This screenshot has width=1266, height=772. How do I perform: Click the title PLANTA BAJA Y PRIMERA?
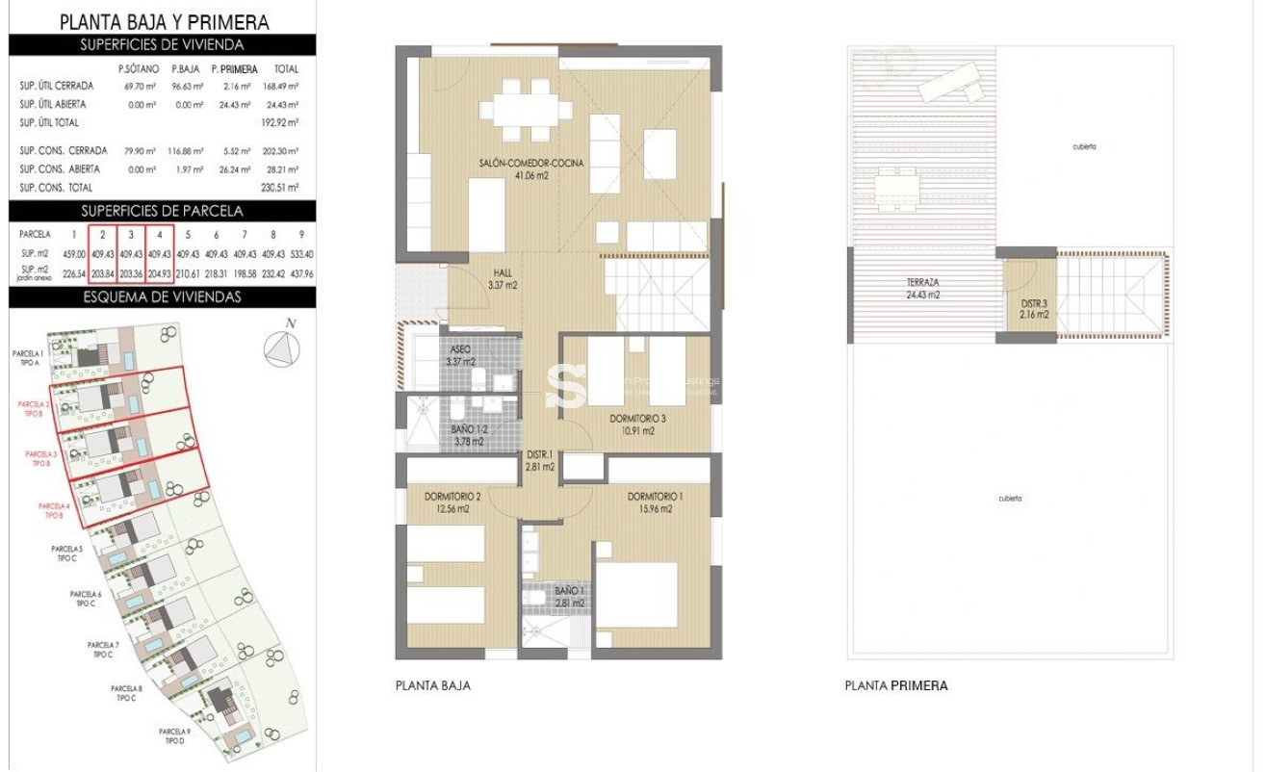coord(164,21)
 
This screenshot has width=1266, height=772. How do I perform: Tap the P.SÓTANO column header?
coord(137,69)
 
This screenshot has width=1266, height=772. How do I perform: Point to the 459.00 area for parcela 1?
coord(73,255)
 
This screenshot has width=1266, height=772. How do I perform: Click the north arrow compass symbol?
coord(280,347)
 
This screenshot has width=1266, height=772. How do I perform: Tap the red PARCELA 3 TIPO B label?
coord(41,458)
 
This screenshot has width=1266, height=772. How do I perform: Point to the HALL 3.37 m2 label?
coord(504,278)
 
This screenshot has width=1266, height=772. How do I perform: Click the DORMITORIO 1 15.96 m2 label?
coord(655,502)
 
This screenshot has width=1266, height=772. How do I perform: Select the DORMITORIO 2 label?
coord(452,502)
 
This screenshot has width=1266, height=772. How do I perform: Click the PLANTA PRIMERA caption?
coord(895,686)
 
